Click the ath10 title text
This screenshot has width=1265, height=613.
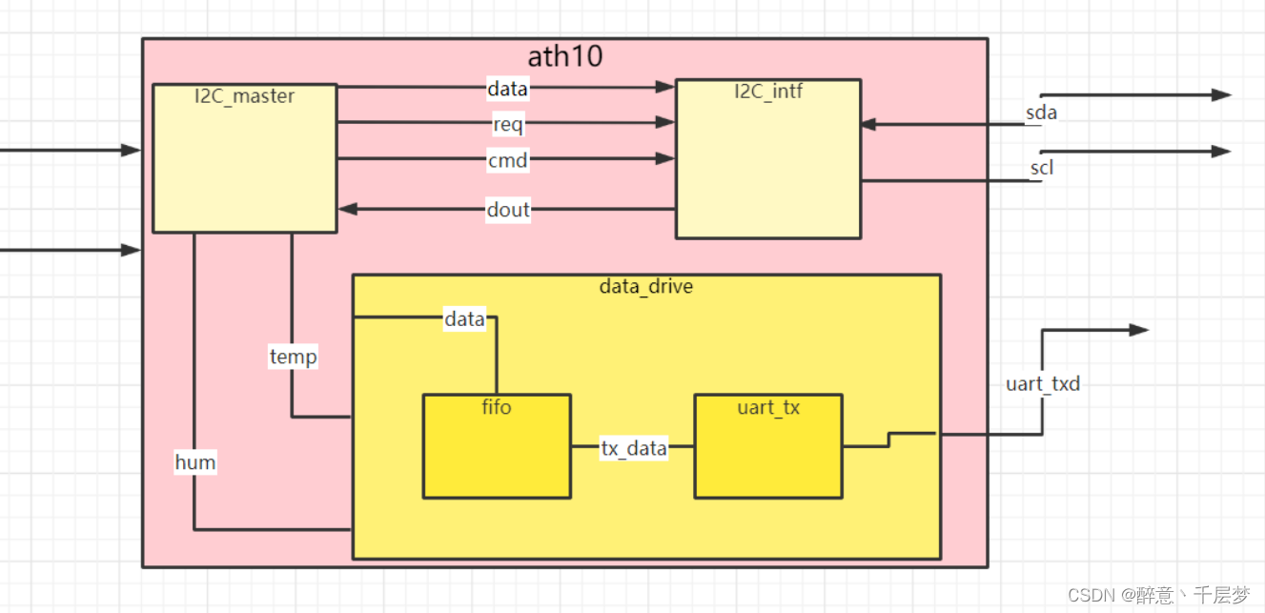click(565, 56)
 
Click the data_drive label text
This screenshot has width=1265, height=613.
click(646, 286)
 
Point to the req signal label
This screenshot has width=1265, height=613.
click(508, 125)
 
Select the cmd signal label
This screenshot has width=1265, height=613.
click(508, 161)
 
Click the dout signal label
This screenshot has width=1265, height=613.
click(508, 210)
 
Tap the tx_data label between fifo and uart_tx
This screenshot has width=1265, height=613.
click(633, 447)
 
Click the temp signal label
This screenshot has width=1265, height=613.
click(293, 358)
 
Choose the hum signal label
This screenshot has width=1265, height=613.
click(195, 462)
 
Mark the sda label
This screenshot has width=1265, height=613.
click(1041, 113)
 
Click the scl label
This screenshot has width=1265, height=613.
click(1042, 169)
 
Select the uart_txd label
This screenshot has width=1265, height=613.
click(1043, 384)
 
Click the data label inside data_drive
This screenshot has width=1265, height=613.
click(465, 319)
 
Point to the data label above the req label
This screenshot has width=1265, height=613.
click(508, 89)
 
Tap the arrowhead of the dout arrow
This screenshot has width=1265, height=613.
click(347, 209)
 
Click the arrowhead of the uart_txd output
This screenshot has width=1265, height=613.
click(1139, 330)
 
